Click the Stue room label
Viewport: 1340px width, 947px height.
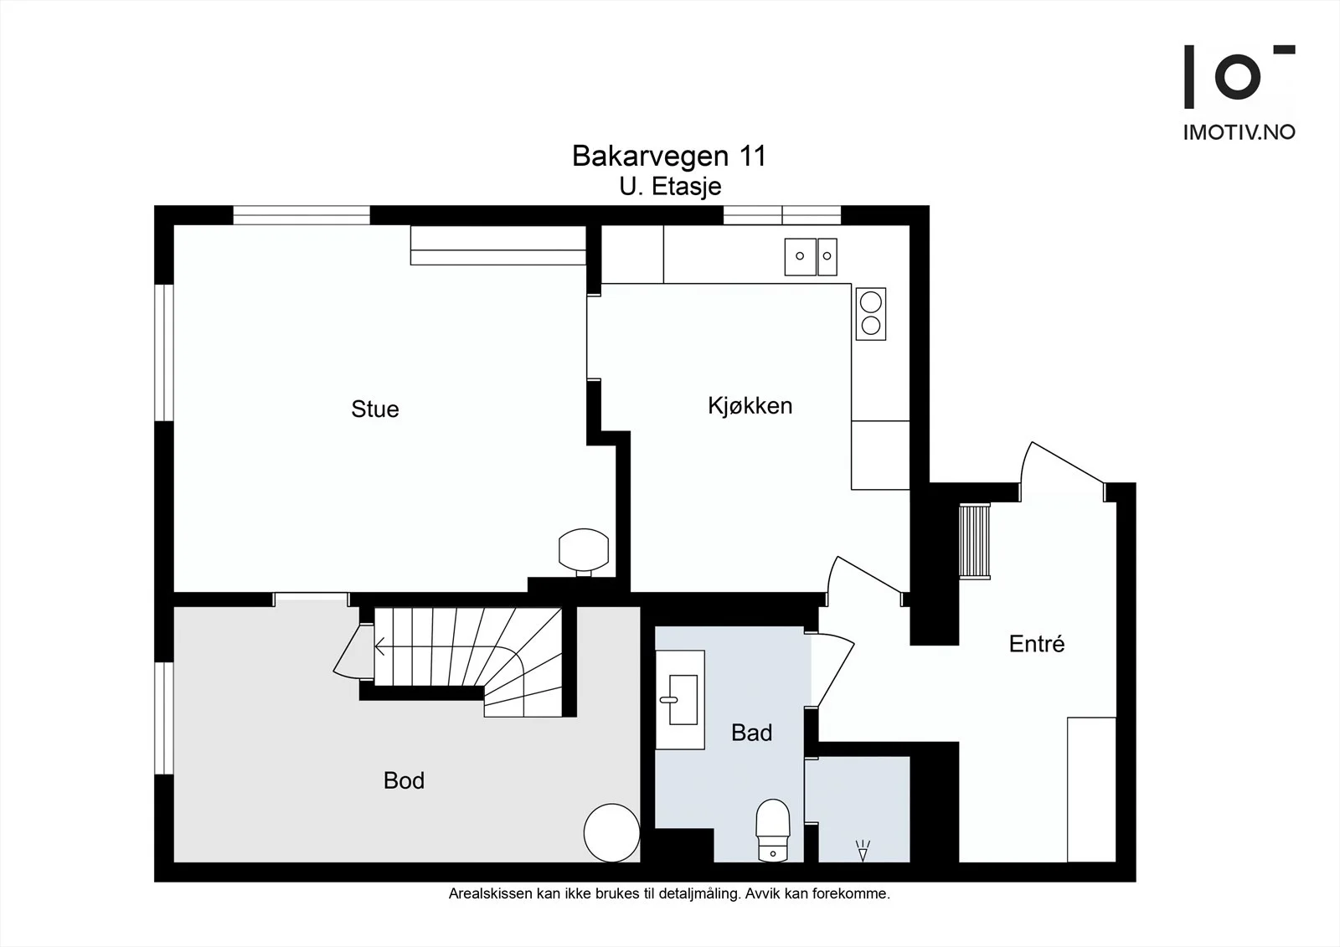[x=375, y=409]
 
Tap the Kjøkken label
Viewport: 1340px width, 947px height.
[x=750, y=405]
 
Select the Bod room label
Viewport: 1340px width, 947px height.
[x=404, y=780]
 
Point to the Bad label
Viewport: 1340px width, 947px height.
[x=751, y=733]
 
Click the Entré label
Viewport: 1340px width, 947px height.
[x=1037, y=644]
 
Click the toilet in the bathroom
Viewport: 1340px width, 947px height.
[x=773, y=831]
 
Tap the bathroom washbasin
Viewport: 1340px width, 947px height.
[x=680, y=700]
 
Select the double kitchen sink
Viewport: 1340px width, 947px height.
[x=811, y=257]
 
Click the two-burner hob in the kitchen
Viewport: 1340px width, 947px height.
[x=870, y=314]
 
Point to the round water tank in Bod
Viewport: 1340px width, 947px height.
[x=612, y=833]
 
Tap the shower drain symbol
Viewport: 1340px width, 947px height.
[x=863, y=851]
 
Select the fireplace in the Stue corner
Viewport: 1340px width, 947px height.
[x=584, y=550]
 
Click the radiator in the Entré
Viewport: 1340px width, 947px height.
[x=975, y=541]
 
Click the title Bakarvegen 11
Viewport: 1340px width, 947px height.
[x=669, y=156]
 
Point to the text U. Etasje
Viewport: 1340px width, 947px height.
[x=670, y=187]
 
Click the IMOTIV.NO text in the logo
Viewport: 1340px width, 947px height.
[x=1239, y=132]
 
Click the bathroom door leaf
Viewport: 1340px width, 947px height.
[x=836, y=675]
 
